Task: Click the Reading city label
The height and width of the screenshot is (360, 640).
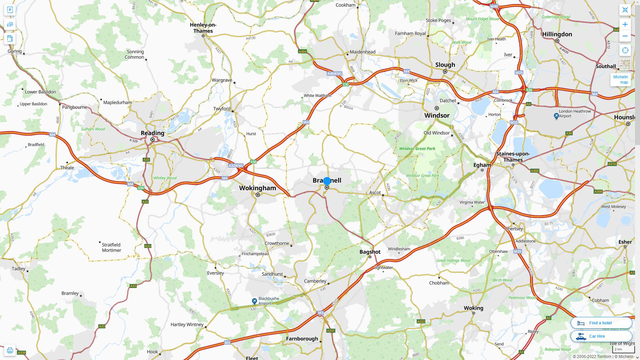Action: [152, 133]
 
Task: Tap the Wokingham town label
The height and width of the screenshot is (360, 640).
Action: [257, 188]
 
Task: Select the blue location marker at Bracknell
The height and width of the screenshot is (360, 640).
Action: [327, 181]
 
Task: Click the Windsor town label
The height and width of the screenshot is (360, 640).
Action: [437, 115]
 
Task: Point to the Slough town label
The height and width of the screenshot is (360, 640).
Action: [445, 65]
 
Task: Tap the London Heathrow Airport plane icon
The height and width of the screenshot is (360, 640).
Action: [556, 116]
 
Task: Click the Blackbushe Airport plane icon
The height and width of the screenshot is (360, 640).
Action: [254, 301]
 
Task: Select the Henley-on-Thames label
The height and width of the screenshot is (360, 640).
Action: [203, 28]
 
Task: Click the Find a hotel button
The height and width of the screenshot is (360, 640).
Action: [601, 323]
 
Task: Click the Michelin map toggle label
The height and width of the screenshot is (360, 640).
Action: [620, 79]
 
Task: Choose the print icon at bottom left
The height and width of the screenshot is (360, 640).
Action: [10, 350]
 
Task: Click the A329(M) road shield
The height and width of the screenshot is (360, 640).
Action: [236, 166]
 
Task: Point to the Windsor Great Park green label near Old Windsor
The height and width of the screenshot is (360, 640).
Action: [417, 149]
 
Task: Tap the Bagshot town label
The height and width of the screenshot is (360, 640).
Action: [370, 252]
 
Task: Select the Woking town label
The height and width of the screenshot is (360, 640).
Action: [473, 308]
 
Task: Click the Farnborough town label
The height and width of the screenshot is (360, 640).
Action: [302, 339]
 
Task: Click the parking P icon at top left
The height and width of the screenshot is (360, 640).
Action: [10, 10]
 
